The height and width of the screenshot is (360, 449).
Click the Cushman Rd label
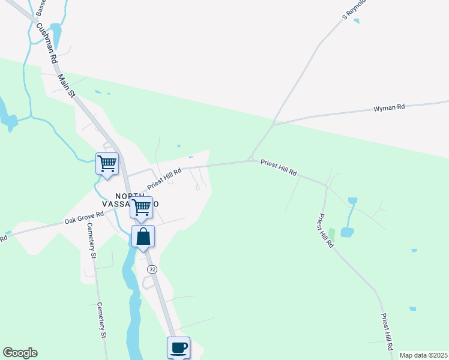pos(46,44)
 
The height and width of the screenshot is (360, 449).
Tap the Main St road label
pos(65,85)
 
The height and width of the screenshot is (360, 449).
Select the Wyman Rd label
pos(389,108)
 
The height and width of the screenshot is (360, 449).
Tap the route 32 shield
pos(152,270)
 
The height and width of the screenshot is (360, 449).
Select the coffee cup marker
pos(178,347)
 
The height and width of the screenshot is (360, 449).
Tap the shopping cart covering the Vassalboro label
pos(141,207)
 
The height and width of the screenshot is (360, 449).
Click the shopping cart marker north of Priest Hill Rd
pos(107,163)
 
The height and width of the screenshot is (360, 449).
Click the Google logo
pos(20,353)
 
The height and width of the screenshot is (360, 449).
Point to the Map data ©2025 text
pos(423,355)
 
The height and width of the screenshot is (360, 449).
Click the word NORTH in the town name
pos(130,196)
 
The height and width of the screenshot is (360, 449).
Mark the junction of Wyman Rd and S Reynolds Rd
pos(274,124)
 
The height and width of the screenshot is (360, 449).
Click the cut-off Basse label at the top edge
pos(40,7)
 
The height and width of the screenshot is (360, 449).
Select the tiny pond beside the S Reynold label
pos(357,21)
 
